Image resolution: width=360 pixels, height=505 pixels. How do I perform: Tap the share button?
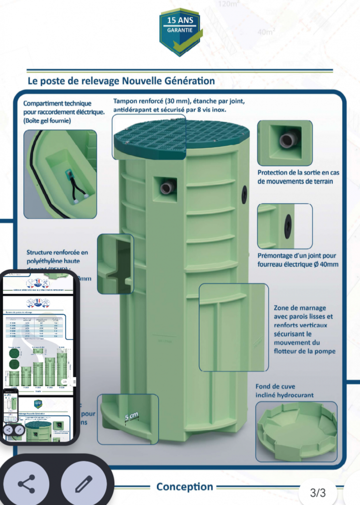(26, 484)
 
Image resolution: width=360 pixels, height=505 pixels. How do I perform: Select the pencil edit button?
(83, 484)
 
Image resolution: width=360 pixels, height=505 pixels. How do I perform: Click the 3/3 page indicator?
(318, 492)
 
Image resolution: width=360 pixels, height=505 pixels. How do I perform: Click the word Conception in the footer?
(184, 487)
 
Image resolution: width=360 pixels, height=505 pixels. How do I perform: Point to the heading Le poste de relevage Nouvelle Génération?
(121, 80)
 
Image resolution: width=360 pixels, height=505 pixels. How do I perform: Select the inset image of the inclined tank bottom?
(297, 432)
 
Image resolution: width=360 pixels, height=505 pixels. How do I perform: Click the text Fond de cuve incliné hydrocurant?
(277, 391)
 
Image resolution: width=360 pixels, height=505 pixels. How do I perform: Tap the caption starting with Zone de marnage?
(304, 329)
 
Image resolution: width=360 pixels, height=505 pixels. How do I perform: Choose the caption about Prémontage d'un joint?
(298, 260)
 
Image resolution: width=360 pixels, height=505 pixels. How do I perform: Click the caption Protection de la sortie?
(298, 177)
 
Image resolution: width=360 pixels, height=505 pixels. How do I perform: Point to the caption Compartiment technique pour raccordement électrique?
(64, 112)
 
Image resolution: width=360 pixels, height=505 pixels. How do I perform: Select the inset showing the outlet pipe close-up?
(285, 143)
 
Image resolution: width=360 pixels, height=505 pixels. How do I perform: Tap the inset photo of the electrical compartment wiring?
(61, 174)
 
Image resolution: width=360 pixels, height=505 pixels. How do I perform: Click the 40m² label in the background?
(266, 32)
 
